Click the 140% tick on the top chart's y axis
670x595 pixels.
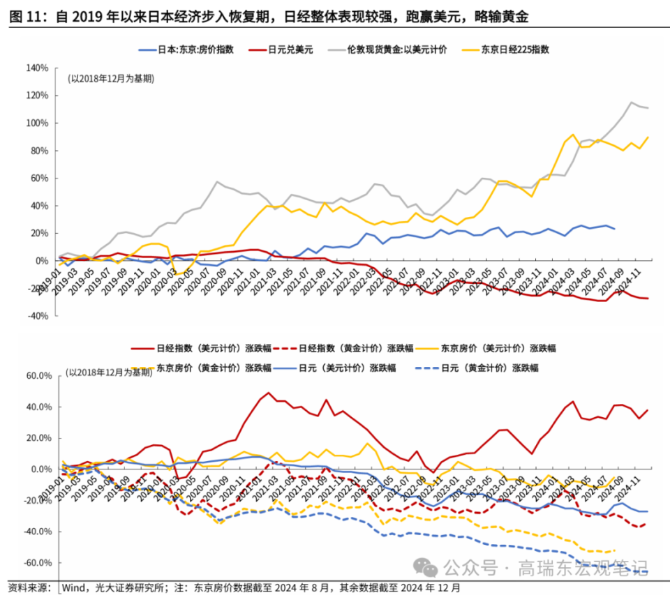tap(36, 68)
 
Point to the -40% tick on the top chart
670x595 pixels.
tap(36, 315)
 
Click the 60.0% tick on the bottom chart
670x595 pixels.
tap(38, 375)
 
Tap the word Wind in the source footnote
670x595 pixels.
tap(75, 588)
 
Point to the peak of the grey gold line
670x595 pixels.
tap(632, 103)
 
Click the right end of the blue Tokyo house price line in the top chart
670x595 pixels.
tap(614, 229)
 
